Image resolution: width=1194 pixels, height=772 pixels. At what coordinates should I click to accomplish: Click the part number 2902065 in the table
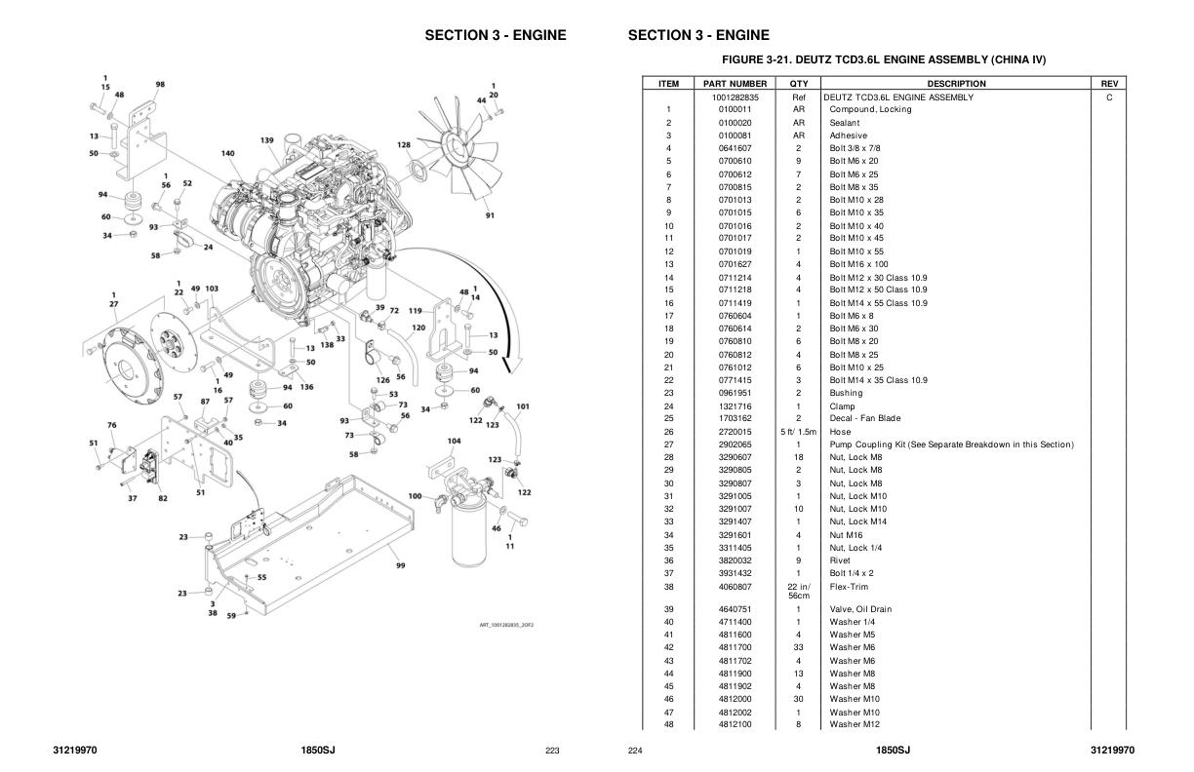point(735,444)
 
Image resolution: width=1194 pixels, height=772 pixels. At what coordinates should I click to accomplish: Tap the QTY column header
point(799,84)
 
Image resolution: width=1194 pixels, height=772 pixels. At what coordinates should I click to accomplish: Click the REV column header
point(1109,84)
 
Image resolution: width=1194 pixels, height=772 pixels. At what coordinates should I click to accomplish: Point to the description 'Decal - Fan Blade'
point(865,419)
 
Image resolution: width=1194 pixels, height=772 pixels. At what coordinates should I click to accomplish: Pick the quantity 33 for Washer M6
point(799,647)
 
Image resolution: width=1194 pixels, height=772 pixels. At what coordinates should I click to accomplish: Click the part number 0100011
point(735,109)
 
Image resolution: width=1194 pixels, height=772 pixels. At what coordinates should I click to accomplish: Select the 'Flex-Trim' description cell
point(849,587)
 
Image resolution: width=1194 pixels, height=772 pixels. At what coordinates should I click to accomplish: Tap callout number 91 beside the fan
point(490,215)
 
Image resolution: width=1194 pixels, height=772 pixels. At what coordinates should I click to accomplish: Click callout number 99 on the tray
point(400,564)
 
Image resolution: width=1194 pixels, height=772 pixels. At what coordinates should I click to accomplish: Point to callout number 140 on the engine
point(227,153)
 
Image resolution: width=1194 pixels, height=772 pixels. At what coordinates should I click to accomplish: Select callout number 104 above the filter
point(454,441)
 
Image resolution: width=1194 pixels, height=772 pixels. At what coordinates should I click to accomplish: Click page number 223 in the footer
point(552,751)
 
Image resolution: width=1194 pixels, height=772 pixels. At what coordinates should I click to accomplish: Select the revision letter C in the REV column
point(1109,97)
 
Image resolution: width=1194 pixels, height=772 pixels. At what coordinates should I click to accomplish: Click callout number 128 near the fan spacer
point(404,144)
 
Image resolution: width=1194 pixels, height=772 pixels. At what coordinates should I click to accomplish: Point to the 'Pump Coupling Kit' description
point(951,444)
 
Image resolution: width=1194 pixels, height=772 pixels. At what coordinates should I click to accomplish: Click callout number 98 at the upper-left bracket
point(160,85)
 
